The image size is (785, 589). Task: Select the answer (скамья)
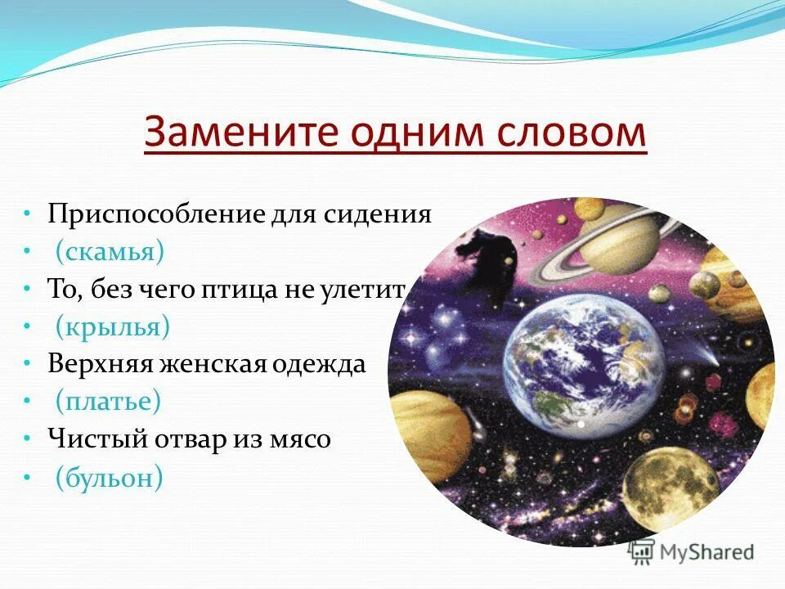(x=110, y=252)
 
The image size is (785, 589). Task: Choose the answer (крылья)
(x=113, y=327)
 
